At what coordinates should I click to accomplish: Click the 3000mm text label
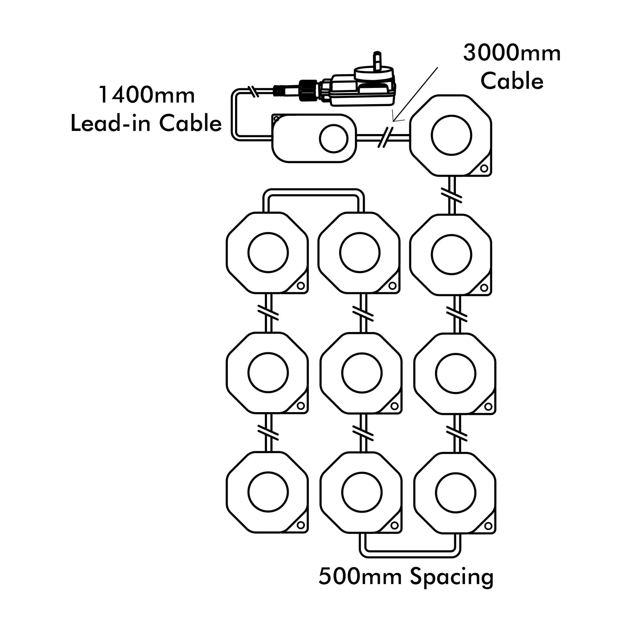point(512,53)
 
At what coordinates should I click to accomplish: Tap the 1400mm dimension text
point(146,95)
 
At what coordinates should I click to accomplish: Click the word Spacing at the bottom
point(452,577)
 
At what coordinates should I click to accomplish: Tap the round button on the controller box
point(333,139)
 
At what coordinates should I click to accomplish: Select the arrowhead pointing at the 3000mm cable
point(395,119)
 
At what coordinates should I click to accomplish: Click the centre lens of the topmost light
point(451,135)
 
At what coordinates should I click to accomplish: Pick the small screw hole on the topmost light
point(484,169)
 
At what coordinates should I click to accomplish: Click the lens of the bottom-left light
point(268,492)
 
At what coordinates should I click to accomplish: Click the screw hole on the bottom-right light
point(488,526)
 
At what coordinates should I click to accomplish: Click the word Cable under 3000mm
point(512,82)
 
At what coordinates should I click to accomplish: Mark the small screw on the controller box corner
point(277,119)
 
